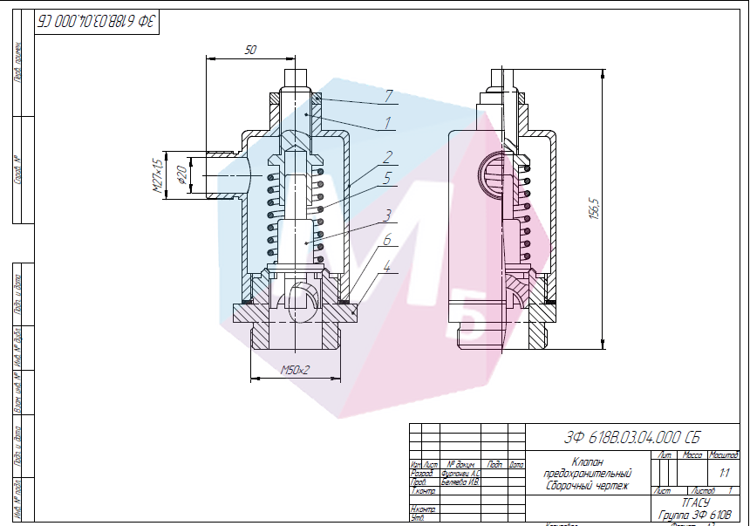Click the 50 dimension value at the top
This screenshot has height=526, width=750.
pos(250,51)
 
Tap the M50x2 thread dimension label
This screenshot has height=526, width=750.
pos(296,371)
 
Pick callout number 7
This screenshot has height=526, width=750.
pos(389,95)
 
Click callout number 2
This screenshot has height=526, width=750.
pos(386,158)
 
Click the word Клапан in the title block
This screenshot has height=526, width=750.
pos(588,461)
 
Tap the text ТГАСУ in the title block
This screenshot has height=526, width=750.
pos(696,503)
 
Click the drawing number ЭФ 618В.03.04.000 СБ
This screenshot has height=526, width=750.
pos(631,437)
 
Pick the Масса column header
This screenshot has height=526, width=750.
pos(693,455)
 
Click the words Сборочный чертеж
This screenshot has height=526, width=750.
pos(587,485)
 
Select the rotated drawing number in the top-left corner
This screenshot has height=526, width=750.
pos(95,22)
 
